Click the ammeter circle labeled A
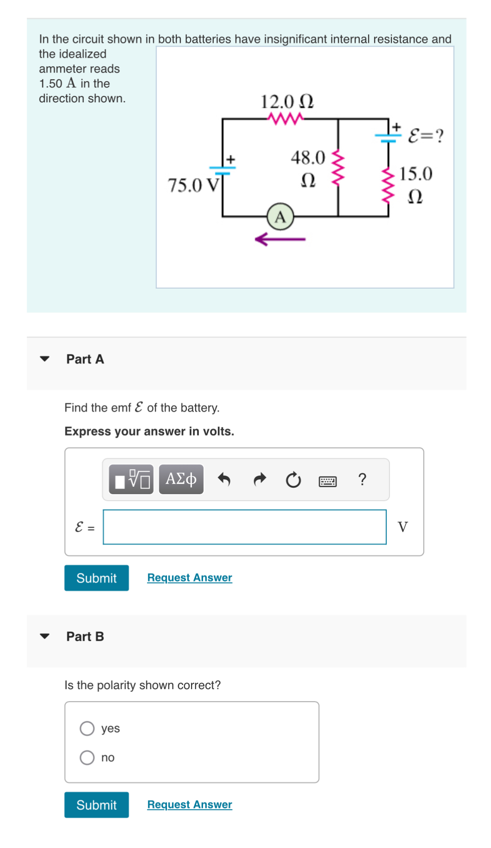[x=280, y=217]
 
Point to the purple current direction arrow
[x=280, y=239]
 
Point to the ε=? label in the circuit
[x=425, y=136]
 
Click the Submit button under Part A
[x=96, y=578]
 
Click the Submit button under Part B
[x=96, y=805]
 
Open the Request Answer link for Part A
[x=190, y=578]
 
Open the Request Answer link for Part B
[x=190, y=804]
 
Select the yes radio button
[x=87, y=729]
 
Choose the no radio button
[x=87, y=758]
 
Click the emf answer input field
[x=244, y=527]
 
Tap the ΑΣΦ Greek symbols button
[x=181, y=479]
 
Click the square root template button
[x=132, y=479]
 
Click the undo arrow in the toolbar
[x=224, y=479]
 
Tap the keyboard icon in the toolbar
[x=327, y=481]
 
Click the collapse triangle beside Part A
[x=45, y=359]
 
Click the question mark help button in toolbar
[x=363, y=479]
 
